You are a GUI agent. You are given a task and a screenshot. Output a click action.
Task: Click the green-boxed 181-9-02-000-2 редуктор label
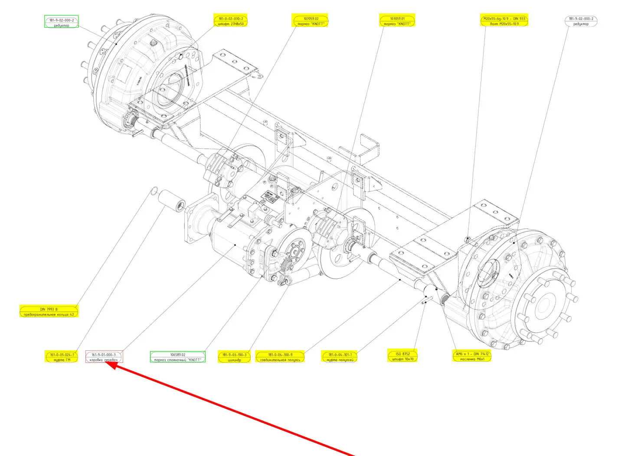click(62, 22)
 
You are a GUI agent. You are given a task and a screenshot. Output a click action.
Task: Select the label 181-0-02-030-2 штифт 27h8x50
click(230, 21)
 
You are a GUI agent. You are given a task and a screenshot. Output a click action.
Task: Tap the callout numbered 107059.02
click(311, 21)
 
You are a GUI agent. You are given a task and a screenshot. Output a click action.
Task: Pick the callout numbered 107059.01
click(396, 21)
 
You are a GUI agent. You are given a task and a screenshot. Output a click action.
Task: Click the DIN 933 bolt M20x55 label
click(504, 21)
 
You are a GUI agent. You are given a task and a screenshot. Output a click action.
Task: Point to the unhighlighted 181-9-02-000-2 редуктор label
click(581, 21)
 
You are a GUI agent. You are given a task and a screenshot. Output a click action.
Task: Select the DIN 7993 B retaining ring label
click(49, 311)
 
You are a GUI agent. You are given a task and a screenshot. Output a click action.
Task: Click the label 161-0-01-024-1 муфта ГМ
click(62, 357)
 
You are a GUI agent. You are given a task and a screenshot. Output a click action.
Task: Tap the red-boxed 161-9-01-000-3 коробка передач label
click(104, 357)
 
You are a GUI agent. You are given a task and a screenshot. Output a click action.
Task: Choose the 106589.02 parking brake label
click(178, 357)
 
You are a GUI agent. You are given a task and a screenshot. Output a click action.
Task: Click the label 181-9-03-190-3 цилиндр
click(234, 357)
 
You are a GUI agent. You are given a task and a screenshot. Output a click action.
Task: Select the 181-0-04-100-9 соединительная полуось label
click(280, 357)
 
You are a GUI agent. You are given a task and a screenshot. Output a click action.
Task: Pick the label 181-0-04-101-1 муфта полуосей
click(340, 357)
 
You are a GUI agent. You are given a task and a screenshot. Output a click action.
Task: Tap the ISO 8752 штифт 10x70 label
click(402, 356)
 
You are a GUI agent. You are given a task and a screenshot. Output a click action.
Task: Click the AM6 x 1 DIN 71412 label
click(472, 356)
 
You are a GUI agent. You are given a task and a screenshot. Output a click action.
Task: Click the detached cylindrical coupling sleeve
click(171, 201)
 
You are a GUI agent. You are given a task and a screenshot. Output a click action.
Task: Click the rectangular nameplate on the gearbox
click(271, 197)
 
